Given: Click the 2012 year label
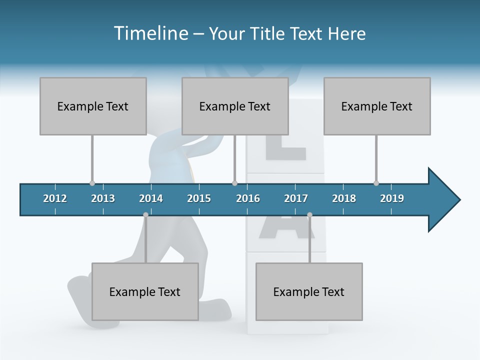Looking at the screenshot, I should tap(55, 198).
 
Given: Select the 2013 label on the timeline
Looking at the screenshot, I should tap(103, 198).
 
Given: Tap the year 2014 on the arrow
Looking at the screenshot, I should tap(151, 198).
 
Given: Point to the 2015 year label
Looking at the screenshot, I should tap(199, 198).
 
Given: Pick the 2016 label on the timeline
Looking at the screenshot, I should tap(248, 198).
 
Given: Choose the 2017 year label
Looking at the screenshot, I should tap(296, 198).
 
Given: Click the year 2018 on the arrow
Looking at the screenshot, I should tap(344, 198).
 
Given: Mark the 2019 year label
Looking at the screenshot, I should tap(392, 198).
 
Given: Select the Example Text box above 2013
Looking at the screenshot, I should tap(93, 106).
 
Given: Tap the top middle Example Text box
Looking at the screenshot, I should tap(235, 106).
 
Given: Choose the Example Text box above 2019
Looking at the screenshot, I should tap(377, 106).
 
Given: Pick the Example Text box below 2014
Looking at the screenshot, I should tap(145, 291).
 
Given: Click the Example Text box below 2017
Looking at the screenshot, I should tap(309, 291).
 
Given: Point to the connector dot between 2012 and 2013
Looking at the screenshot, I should tap(92, 183).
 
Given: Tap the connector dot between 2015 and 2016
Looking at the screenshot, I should tap(234, 183).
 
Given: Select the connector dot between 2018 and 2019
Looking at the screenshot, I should tap(376, 183).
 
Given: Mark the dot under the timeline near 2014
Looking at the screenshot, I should tap(145, 215).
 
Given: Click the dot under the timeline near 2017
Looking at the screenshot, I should tap(309, 215).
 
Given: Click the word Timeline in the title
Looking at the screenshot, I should tap(150, 33).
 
